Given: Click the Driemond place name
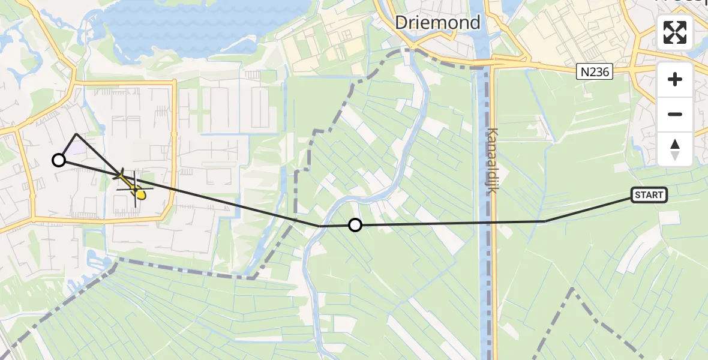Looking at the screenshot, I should pyautogui.click(x=438, y=23).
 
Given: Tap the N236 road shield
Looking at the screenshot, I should pyautogui.click(x=595, y=72).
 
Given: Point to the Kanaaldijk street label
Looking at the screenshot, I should pyautogui.click(x=493, y=160).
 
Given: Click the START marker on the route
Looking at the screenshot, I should pyautogui.click(x=649, y=194).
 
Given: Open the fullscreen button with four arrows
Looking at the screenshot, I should pyautogui.click(x=675, y=32).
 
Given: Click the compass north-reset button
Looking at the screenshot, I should pyautogui.click(x=675, y=149).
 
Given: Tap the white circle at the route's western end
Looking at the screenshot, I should pyautogui.click(x=59, y=160).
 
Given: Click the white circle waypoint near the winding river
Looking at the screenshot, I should pyautogui.click(x=355, y=225).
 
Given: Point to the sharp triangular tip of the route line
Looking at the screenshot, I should pyautogui.click(x=76, y=134).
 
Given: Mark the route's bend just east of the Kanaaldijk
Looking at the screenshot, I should pyautogui.click(x=545, y=221).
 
